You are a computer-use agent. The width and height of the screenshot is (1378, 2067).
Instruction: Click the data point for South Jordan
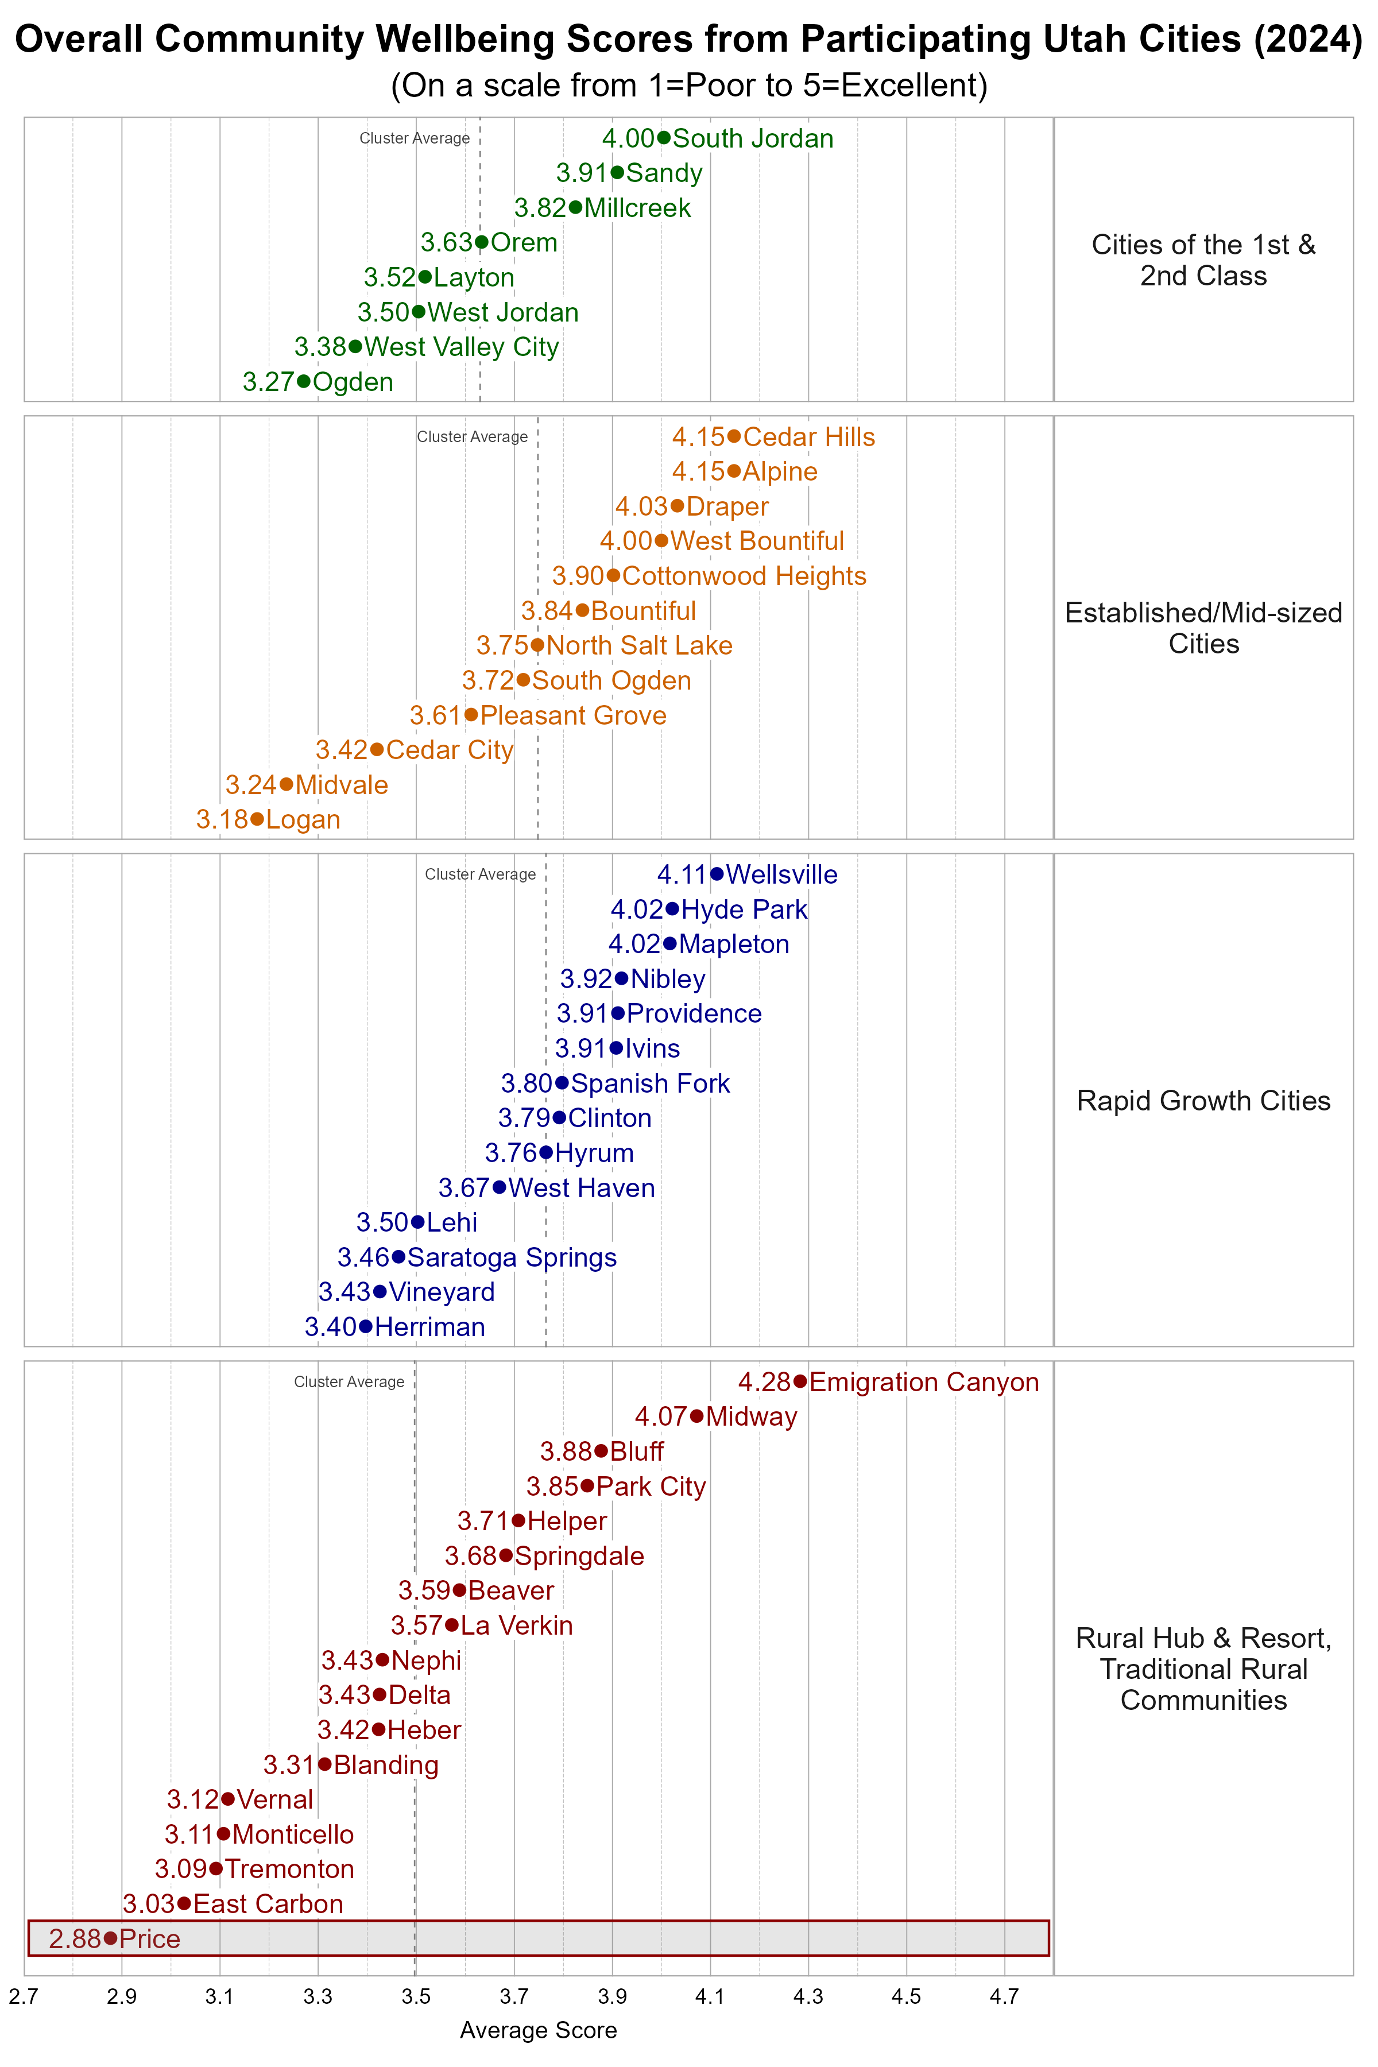pyautogui.click(x=664, y=138)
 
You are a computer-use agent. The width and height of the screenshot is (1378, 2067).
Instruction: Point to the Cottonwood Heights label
pyautogui.click(x=744, y=576)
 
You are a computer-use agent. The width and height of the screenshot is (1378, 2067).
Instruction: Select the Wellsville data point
pyautogui.click(x=717, y=873)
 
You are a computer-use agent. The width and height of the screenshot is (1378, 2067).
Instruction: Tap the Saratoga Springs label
pyautogui.click(x=512, y=1257)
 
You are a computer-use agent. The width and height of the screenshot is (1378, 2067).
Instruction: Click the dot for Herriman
pyautogui.click(x=366, y=1326)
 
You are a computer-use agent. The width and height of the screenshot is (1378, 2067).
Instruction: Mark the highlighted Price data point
pyautogui.click(x=110, y=1938)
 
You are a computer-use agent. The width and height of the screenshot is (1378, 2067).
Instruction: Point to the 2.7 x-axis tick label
pyautogui.click(x=24, y=1997)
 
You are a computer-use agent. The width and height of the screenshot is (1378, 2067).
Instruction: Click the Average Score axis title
pyautogui.click(x=538, y=2031)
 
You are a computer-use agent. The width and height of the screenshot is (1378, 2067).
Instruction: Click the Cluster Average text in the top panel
pyautogui.click(x=414, y=138)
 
